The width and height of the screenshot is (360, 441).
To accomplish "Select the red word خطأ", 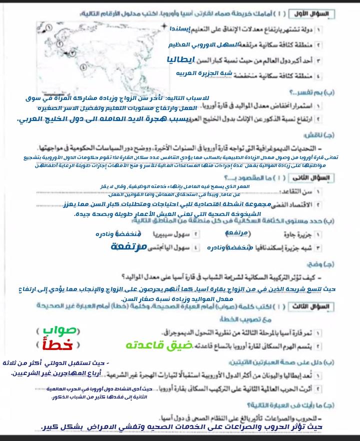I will click(58, 345).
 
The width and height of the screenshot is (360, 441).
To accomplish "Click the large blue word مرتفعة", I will click(129, 246).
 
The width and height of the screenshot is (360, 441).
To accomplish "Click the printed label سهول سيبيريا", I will click(172, 234).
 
